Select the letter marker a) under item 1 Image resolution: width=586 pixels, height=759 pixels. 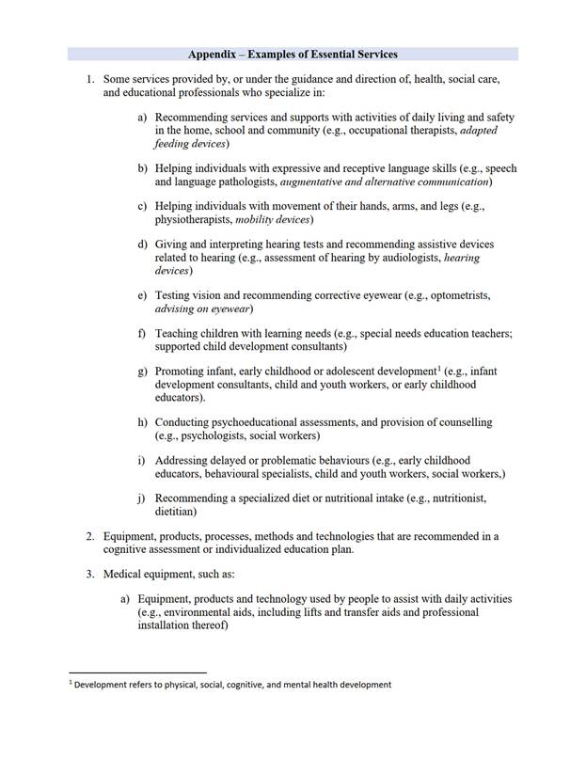142,118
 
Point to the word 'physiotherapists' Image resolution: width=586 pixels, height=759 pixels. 193,219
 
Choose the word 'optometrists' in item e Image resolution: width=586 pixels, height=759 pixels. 453,295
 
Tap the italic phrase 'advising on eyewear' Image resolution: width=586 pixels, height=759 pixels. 204,308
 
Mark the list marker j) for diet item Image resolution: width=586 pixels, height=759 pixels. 142,498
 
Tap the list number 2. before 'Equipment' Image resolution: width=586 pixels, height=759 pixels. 89,536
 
